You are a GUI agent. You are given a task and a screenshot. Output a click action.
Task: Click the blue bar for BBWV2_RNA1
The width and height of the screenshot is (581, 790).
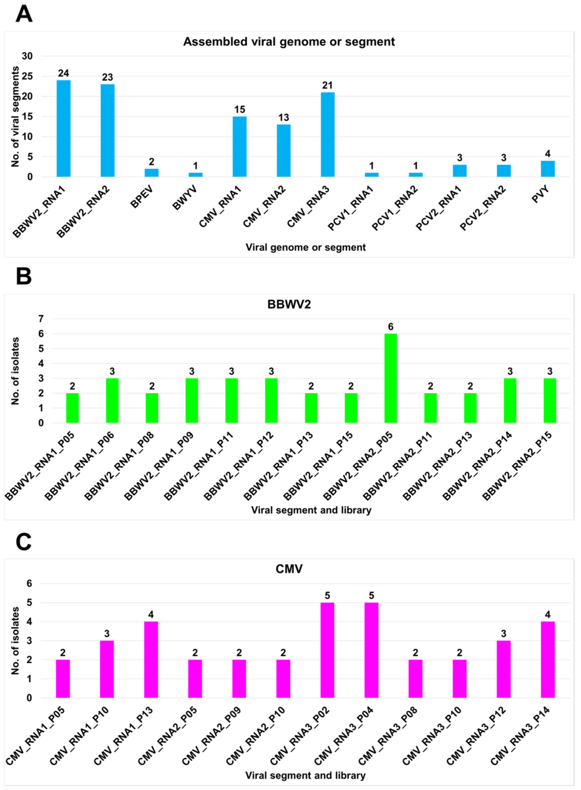tap(64, 129)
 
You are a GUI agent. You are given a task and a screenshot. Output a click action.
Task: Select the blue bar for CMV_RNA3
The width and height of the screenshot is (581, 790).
tap(327, 135)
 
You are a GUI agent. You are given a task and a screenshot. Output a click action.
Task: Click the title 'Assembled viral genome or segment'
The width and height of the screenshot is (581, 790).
tap(289, 42)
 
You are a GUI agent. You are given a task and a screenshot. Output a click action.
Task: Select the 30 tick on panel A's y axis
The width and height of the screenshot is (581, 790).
tap(27, 56)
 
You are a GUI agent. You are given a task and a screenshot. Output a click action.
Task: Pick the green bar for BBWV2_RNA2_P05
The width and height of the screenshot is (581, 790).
tap(390, 378)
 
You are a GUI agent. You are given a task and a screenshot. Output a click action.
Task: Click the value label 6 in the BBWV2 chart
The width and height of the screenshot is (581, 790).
tap(390, 327)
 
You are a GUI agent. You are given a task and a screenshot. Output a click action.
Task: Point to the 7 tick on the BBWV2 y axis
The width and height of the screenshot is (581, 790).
tap(41, 319)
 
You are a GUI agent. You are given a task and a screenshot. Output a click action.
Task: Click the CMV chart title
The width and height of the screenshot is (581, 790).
tap(289, 569)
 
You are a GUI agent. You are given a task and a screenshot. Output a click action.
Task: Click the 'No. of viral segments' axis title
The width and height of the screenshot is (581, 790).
tap(15, 117)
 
